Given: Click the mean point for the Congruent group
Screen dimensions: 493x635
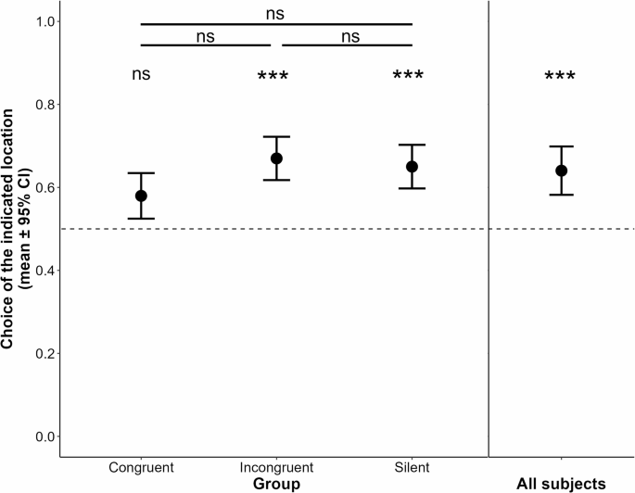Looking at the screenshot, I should (x=141, y=196).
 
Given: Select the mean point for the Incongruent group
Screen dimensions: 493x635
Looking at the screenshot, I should (x=276, y=158).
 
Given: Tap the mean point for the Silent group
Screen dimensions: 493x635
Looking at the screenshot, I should (x=412, y=167).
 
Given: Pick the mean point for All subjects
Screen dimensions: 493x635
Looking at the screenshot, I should (x=561, y=171).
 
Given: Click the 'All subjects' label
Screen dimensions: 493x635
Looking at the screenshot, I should (x=561, y=483).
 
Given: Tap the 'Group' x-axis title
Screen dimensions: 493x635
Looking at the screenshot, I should (x=276, y=483).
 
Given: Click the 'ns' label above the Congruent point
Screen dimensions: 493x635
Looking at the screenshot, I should (x=141, y=75).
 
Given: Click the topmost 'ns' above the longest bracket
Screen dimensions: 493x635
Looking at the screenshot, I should (x=275, y=13).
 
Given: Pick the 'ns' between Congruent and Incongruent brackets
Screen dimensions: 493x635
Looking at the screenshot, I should (x=206, y=36).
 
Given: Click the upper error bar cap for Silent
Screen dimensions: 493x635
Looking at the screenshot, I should (x=412, y=145).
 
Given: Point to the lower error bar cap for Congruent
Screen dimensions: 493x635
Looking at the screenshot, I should (x=141, y=219).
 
